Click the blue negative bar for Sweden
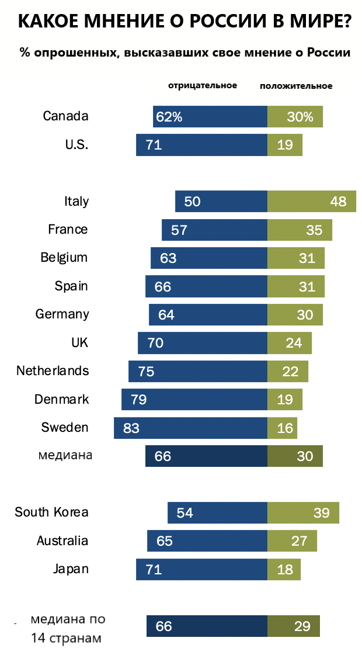[x=190, y=428]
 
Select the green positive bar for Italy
[x=311, y=201]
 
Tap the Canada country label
[x=65, y=116]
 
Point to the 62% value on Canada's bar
[x=169, y=117]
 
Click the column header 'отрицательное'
[x=203, y=85]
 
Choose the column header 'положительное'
[x=296, y=86]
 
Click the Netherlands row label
[x=53, y=371]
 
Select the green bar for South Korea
[x=303, y=512]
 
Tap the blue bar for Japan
[x=201, y=569]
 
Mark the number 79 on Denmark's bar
[x=138, y=400]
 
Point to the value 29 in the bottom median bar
[x=302, y=626]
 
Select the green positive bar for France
[x=300, y=230]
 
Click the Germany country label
[x=62, y=314]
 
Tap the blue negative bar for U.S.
[x=201, y=145]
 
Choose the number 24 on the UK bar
[x=294, y=343]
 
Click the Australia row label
[x=62, y=541]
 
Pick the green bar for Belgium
[x=295, y=258]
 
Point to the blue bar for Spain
[x=206, y=286]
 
